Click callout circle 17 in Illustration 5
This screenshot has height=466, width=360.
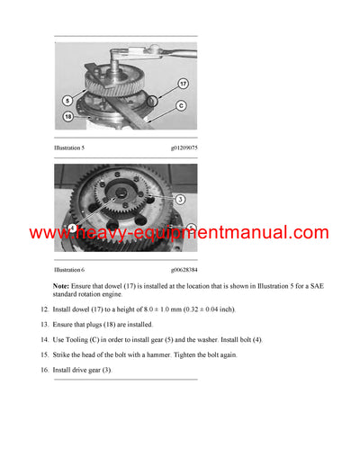(183, 85)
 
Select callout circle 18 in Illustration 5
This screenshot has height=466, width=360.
(68, 116)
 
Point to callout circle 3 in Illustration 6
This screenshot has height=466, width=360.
(180, 199)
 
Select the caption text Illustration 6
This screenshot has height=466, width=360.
(69, 269)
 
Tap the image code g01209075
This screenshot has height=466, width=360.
(183, 148)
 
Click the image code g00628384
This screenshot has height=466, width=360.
(183, 269)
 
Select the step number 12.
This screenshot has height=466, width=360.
(44, 309)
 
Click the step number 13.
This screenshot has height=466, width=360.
(44, 324)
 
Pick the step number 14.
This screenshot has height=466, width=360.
(44, 339)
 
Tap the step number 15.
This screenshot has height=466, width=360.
(44, 354)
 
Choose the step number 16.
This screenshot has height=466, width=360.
(44, 370)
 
